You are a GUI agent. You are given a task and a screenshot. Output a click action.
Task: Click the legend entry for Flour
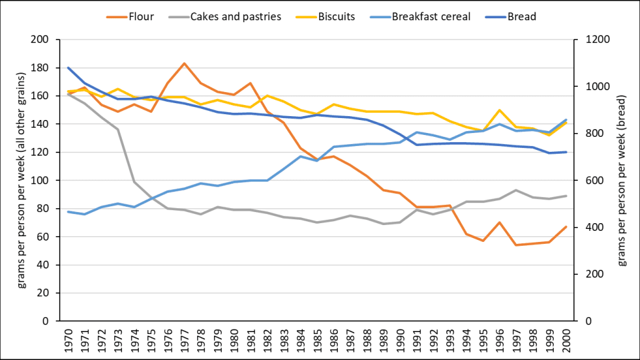141,17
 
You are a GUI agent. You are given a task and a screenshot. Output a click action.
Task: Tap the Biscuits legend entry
336,17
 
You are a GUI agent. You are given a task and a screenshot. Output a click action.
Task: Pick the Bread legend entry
522,17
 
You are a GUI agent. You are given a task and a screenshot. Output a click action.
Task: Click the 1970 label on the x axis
68,340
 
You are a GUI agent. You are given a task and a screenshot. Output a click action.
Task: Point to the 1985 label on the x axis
318,340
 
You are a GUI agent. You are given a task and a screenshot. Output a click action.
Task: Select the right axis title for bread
621,180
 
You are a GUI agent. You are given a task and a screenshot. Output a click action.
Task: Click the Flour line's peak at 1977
184,64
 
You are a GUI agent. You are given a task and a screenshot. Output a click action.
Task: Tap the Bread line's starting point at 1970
68,67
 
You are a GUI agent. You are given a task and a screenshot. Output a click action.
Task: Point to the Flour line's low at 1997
517,245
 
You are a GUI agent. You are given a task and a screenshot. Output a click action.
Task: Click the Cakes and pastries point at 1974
134,182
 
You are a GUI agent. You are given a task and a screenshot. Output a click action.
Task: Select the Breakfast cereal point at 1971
84,214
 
